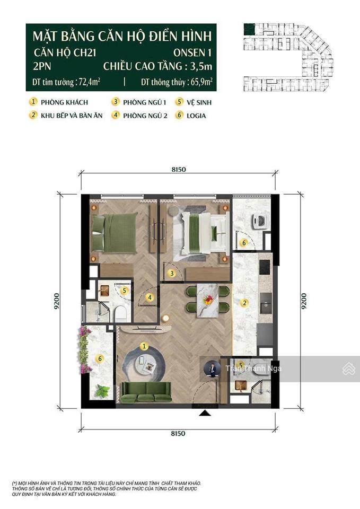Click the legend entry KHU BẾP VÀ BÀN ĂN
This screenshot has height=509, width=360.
pyautogui.click(x=72, y=115)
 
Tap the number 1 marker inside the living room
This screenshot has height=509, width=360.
pyautogui.click(x=143, y=346)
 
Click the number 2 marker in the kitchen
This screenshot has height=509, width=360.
pyautogui.click(x=244, y=303)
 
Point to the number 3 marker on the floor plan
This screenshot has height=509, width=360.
pyautogui.click(x=172, y=274)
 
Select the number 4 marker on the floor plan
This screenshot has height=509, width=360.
pyautogui.click(x=150, y=297)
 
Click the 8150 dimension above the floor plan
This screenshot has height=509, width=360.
pyautogui.click(x=178, y=170)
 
